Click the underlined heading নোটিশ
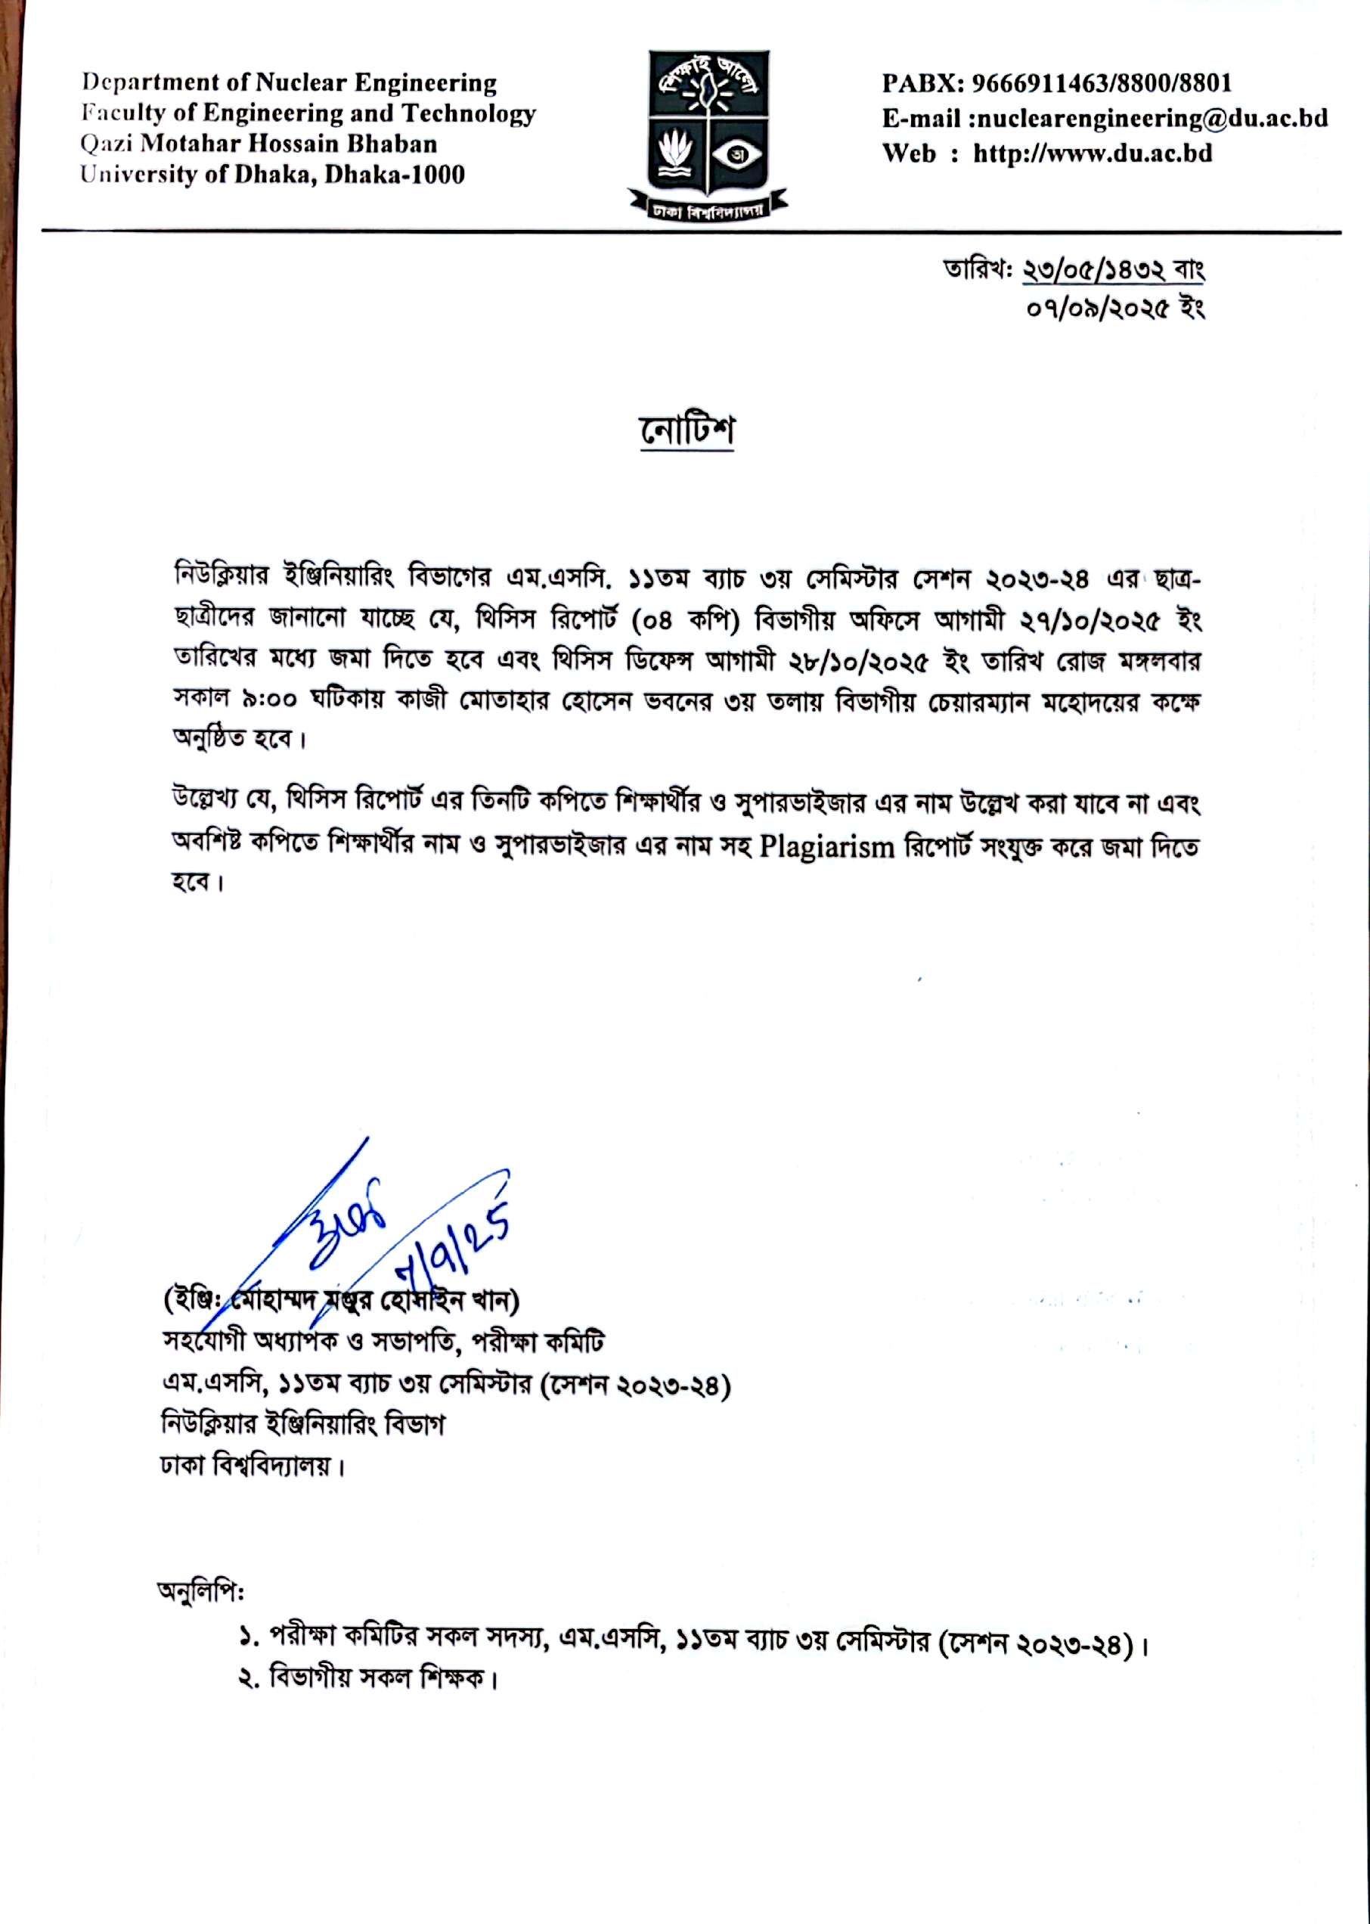click(686, 431)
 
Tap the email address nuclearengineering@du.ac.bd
click(1151, 118)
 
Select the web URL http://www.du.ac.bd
click(1093, 153)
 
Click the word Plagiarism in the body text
click(826, 846)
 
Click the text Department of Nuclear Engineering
click(289, 82)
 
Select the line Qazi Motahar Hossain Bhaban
click(259, 144)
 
